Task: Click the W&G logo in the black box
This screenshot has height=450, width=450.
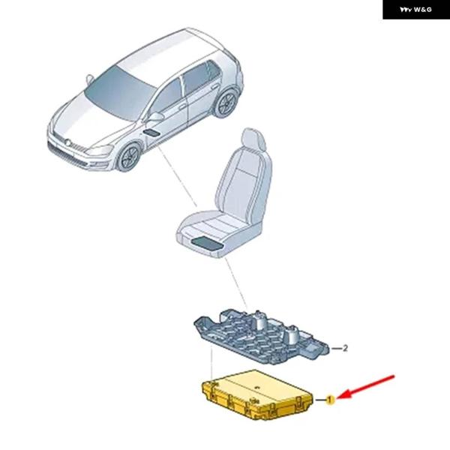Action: [x=415, y=10]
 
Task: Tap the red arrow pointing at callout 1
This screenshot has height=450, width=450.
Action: [x=366, y=387]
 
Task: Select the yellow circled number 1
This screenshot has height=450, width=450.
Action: [x=330, y=400]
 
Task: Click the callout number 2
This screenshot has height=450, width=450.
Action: [x=345, y=348]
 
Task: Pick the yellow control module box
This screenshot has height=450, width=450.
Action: [x=257, y=395]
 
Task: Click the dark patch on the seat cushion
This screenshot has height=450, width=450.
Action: [x=207, y=243]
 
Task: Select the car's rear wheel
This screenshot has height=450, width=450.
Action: [x=226, y=103]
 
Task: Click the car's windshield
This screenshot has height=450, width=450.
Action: [x=120, y=92]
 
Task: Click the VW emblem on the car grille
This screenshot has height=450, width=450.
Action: [x=67, y=142]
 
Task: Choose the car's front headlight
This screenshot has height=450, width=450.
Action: [x=99, y=151]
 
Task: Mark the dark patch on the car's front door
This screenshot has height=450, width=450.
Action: [x=151, y=133]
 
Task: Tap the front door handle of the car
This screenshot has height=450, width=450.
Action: [x=182, y=106]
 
